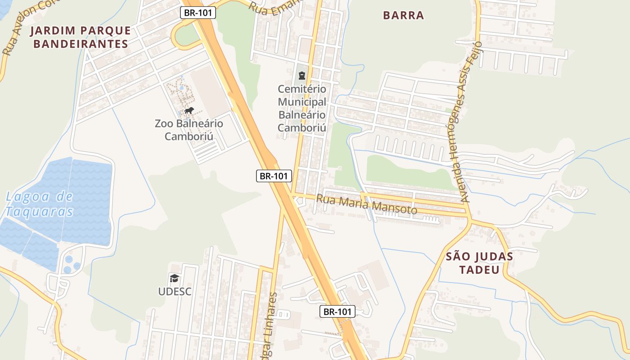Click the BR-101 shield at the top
pyautogui.click(x=198, y=13)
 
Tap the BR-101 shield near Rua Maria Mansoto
pyautogui.click(x=274, y=176)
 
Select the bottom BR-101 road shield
pyautogui.click(x=337, y=311)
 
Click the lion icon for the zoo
pyautogui.click(x=189, y=111)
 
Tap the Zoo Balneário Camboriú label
pyautogui.click(x=189, y=129)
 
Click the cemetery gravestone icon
pyautogui.click(x=301, y=76)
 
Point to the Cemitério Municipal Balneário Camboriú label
pyautogui.click(x=301, y=108)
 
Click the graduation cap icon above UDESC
pyautogui.click(x=175, y=278)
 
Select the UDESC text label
pyautogui.click(x=175, y=292)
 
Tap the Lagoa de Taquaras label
pyautogui.click(x=40, y=203)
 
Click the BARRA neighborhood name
pyautogui.click(x=403, y=15)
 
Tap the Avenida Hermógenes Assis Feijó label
pyautogui.click(x=469, y=121)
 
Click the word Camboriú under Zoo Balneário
pyautogui.click(x=189, y=136)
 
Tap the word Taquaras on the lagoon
pyautogui.click(x=40, y=211)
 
